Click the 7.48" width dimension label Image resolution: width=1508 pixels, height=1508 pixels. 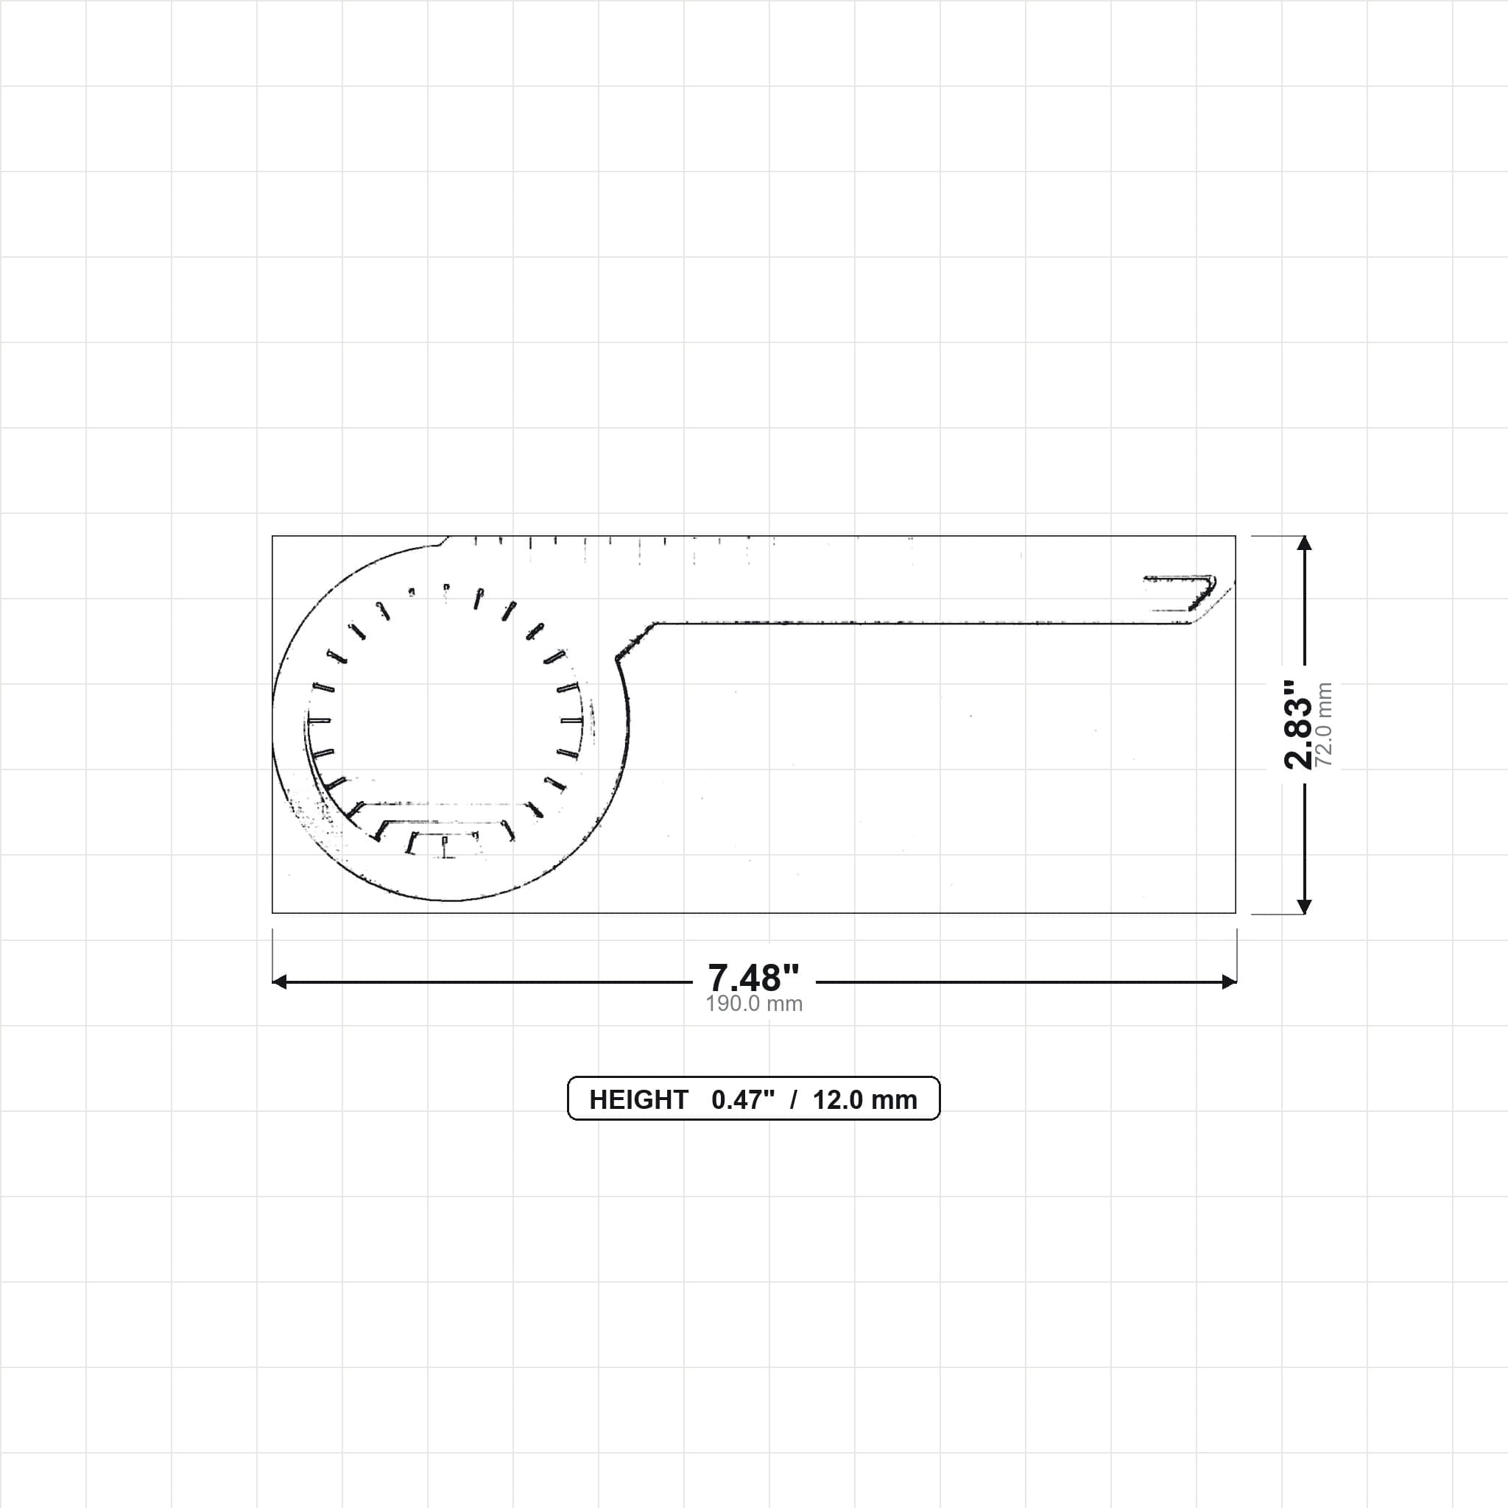pos(753,977)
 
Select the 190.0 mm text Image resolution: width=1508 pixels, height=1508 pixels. pos(754,1004)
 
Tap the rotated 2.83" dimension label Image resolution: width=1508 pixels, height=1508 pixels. pos(1299,725)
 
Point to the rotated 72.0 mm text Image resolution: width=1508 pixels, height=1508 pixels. pos(1324,725)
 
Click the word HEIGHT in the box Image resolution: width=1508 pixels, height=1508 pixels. pos(638,1100)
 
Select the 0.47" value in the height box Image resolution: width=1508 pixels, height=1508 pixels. pos(743,1100)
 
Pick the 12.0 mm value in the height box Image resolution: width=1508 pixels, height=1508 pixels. pos(865,1100)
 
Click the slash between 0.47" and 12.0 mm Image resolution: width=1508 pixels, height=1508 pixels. pos(794,1100)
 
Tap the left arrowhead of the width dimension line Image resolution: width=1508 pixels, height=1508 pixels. pos(279,982)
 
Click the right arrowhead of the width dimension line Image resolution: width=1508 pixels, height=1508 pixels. pos(1230,982)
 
